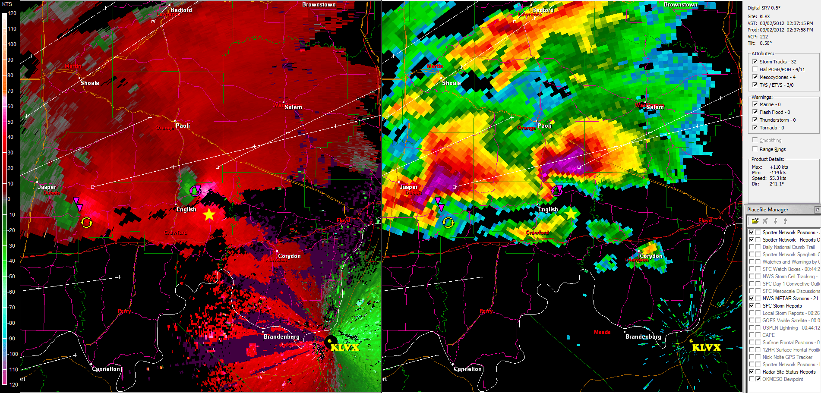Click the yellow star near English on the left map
click(209, 214)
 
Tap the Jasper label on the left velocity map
click(47, 187)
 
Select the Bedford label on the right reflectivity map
click(543, 10)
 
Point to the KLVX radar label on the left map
click(344, 347)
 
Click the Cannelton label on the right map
click(467, 369)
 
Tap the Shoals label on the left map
click(89, 83)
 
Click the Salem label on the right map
click(655, 107)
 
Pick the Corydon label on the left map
click(289, 256)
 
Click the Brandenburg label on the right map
click(643, 336)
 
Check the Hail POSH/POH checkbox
click(755, 69)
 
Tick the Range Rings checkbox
click(755, 149)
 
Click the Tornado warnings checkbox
click(755, 127)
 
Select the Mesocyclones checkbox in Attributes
click(755, 77)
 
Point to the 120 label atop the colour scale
click(12, 13)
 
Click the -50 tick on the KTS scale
click(11, 277)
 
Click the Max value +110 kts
click(779, 167)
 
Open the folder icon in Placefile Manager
click(755, 221)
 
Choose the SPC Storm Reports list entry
click(782, 306)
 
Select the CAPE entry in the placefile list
click(768, 335)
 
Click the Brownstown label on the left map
click(319, 4)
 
